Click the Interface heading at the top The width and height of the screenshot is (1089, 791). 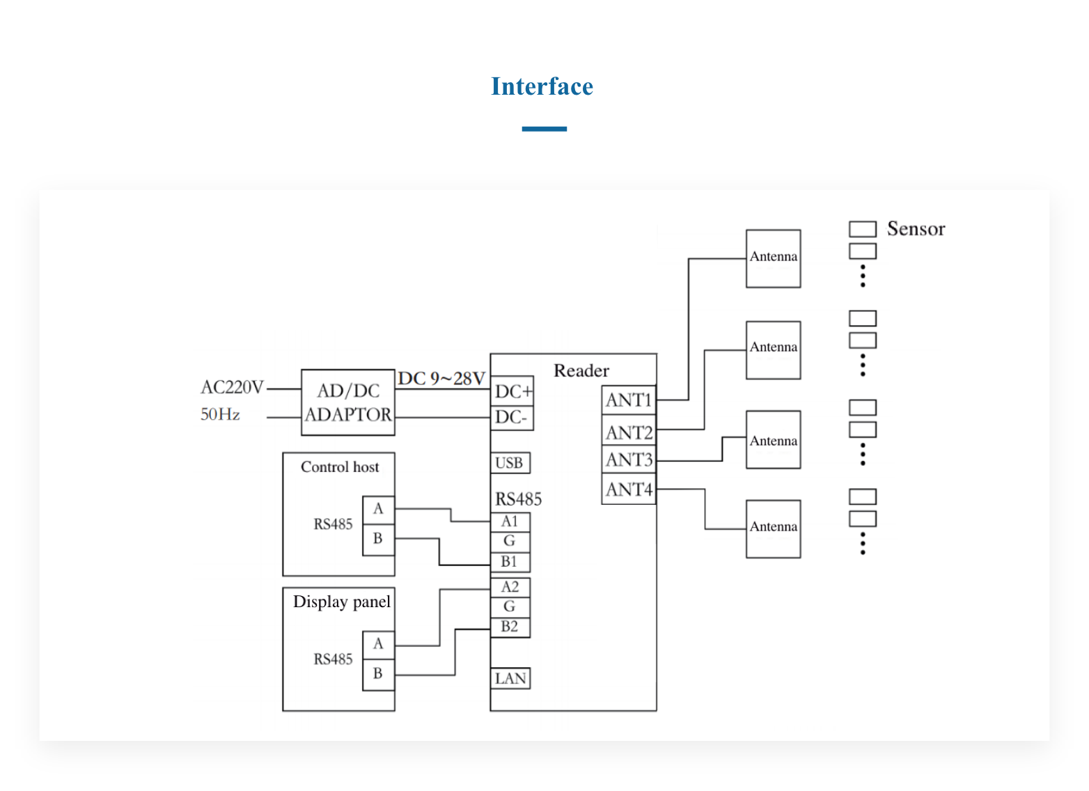pos(542,86)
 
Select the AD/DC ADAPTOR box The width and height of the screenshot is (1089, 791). pos(348,402)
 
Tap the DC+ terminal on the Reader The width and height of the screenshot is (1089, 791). pos(512,391)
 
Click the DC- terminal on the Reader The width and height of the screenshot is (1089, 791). pos(511,417)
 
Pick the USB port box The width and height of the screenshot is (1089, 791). pos(510,463)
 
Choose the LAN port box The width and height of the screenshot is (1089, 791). pos(510,678)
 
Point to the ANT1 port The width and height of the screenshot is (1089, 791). pos(629,400)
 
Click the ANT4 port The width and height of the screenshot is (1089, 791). pos(629,490)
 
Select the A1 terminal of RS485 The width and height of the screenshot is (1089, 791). pos(510,522)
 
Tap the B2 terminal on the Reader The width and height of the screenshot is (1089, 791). pos(510,627)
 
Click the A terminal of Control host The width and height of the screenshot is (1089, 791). pos(378,509)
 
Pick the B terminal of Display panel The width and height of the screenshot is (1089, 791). pos(378,673)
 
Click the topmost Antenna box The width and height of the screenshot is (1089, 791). pos(773,258)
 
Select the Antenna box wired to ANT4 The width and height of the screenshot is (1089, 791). pos(773,528)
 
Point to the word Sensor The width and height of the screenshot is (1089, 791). pos(916,229)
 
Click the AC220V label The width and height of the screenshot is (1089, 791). pos(232,387)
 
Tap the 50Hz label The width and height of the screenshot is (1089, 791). pos(220,415)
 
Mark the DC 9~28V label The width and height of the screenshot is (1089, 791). pos(441,378)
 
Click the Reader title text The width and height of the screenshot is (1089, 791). pos(581,370)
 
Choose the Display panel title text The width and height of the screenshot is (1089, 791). pos(341,602)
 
